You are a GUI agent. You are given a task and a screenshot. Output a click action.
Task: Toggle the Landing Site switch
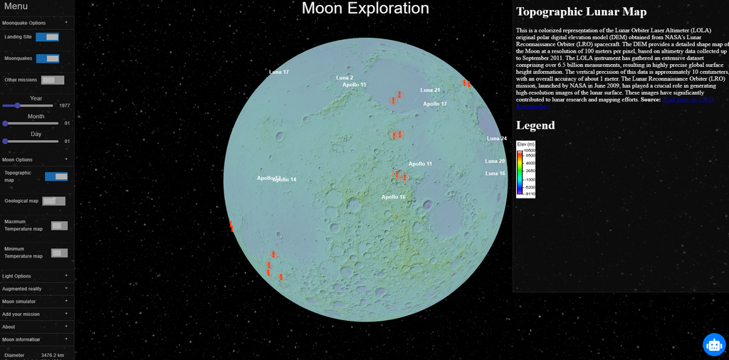coord(47,37)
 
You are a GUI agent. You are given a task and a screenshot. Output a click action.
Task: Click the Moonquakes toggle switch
coord(47,58)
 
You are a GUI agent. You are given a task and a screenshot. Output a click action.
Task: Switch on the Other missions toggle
coord(52,80)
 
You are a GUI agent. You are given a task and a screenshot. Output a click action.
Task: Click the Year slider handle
coord(17,105)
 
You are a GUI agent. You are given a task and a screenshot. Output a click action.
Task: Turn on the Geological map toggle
coord(53,201)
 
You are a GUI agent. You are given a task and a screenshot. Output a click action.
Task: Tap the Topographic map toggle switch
coord(56,176)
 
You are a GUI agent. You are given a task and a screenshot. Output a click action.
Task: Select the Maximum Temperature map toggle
coord(59,226)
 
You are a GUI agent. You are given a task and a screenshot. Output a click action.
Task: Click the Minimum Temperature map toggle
coord(59,253)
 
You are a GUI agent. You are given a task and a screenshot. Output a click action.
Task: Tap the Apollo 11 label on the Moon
coord(420,164)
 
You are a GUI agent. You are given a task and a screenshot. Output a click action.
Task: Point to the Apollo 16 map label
coord(393,197)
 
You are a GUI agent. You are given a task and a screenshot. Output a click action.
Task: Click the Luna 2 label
coord(345,77)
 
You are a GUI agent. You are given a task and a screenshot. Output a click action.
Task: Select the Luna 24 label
coord(496,139)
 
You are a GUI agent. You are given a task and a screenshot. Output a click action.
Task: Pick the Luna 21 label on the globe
coord(430,90)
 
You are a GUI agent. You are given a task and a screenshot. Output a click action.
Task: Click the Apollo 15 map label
coord(355,85)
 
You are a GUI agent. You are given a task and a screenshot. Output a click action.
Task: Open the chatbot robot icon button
coord(713,344)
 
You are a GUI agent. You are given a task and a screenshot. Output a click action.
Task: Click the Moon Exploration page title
coord(365,9)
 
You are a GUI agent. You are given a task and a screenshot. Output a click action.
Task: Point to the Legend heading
coord(535,126)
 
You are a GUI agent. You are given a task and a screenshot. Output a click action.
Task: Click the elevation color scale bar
coord(520,169)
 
